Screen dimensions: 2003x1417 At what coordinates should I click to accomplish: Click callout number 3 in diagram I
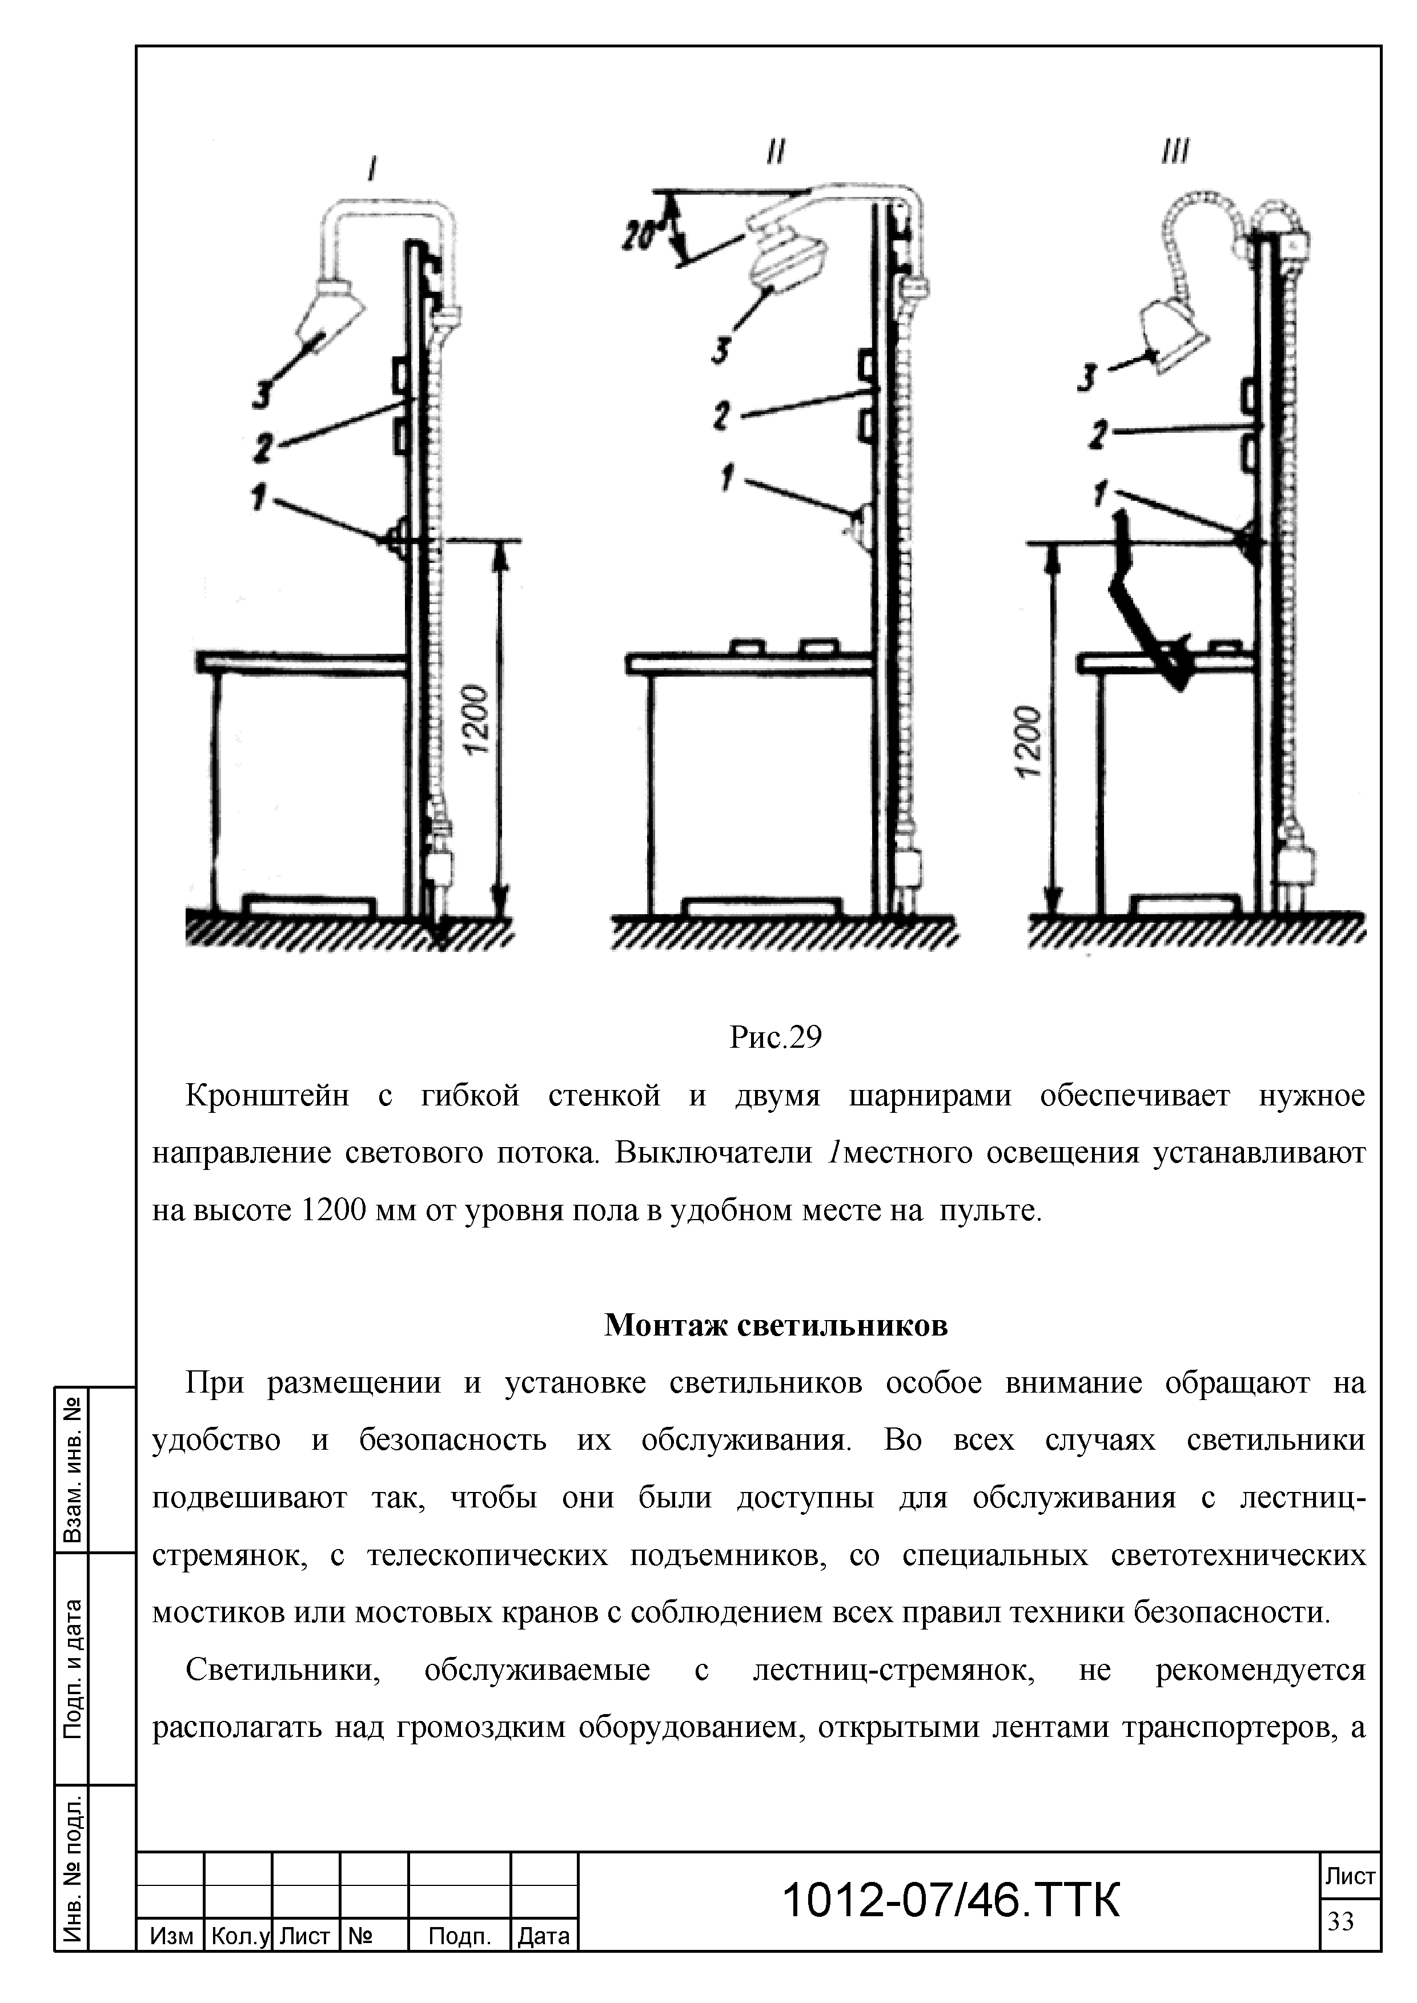260,395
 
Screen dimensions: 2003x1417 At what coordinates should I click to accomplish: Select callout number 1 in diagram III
1102,494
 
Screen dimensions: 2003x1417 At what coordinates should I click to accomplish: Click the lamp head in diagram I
329,314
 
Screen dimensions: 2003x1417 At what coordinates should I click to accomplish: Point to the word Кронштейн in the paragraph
267,1095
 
